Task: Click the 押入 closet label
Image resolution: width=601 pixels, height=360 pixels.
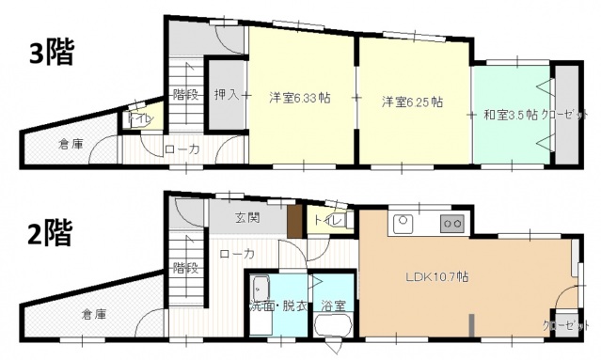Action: pos(225,95)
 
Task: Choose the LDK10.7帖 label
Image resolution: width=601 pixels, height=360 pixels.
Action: pos(437,277)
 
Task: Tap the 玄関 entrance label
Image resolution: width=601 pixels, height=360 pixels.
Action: pos(248,218)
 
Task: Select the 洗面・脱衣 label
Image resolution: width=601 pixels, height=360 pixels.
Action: pos(277,305)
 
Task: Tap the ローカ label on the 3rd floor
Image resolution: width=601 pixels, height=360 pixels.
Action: pos(181,149)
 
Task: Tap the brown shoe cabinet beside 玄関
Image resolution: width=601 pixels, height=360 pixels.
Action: pos(295,222)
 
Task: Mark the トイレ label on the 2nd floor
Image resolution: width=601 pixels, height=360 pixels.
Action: pos(326,220)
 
